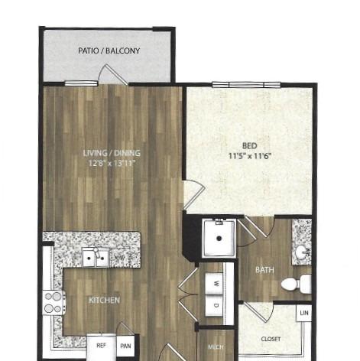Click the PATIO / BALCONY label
[x=109, y=51]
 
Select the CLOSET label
[x=271, y=339]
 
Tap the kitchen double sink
[x=96, y=258]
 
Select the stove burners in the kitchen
[x=54, y=303]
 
